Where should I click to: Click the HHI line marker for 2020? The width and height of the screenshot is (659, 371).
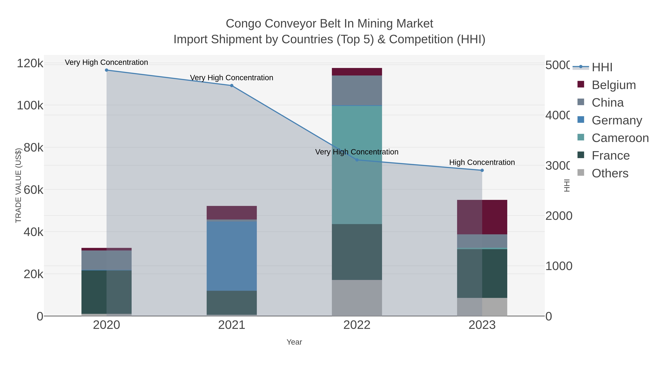click(107, 70)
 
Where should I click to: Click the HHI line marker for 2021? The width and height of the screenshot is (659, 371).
click(232, 86)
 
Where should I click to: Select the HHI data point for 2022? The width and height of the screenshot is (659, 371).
click(357, 160)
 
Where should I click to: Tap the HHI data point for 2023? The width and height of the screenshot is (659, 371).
click(482, 170)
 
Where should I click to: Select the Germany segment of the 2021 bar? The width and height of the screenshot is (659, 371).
click(232, 256)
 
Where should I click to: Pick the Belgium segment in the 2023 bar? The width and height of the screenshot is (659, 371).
click(482, 217)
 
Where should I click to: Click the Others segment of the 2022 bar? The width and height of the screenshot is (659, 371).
click(357, 298)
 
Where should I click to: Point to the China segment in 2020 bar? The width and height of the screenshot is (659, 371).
click(107, 260)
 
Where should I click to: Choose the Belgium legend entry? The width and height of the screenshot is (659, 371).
click(613, 85)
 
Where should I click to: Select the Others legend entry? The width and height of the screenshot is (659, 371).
click(610, 173)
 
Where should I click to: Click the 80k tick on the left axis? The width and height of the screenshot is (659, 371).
click(33, 148)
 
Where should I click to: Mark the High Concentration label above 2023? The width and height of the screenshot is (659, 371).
click(482, 162)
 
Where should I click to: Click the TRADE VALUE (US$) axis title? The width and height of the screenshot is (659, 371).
click(18, 185)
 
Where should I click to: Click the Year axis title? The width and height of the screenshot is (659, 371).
click(294, 342)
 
